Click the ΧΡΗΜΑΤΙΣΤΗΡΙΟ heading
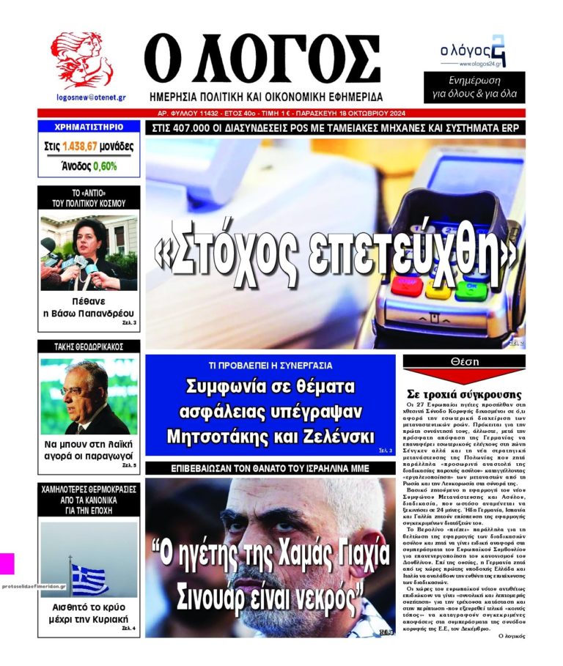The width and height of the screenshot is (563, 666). click(x=88, y=127)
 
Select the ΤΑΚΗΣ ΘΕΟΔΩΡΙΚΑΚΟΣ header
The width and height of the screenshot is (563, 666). click(x=88, y=347)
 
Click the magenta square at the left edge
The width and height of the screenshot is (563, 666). click(x=7, y=563)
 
